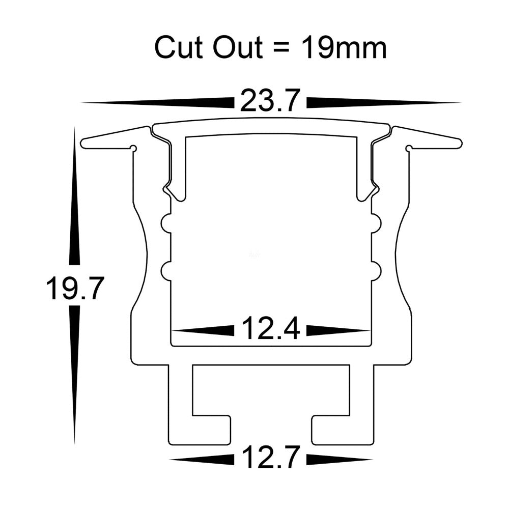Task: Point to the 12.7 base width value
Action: [x=270, y=458]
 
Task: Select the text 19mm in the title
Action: [x=344, y=48]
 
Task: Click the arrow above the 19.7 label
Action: [x=75, y=199]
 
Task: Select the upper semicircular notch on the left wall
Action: [x=166, y=223]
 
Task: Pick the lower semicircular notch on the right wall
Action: [x=376, y=270]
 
